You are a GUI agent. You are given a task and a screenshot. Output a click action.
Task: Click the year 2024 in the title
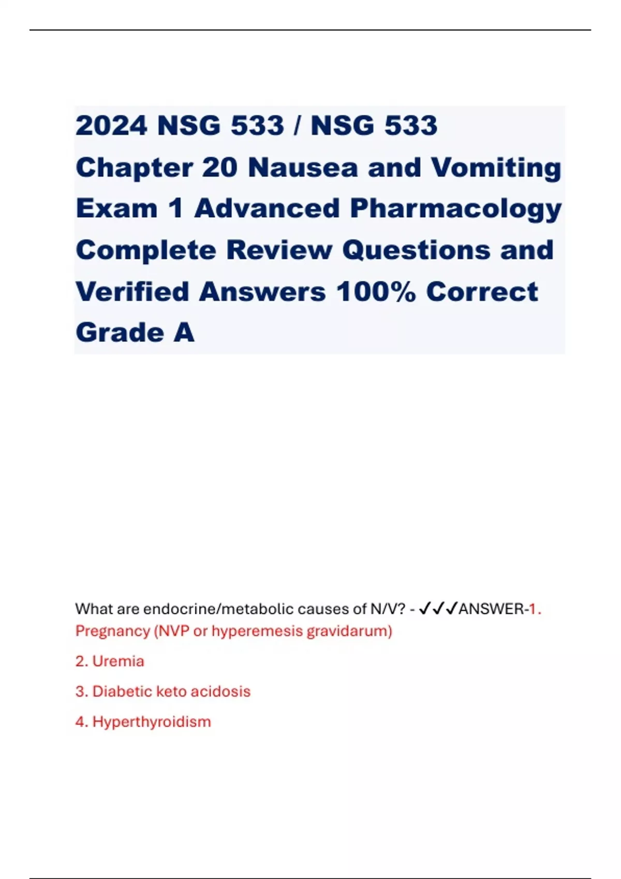(111, 126)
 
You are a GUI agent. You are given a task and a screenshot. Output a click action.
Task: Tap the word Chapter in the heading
(134, 168)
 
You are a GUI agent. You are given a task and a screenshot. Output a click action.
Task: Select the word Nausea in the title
(303, 168)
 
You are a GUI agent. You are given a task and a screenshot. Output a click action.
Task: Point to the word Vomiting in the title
(496, 168)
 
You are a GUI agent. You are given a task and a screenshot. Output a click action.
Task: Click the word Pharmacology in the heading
(456, 209)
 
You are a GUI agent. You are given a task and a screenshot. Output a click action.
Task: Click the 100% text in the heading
(376, 292)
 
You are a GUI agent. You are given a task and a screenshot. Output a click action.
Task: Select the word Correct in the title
(482, 292)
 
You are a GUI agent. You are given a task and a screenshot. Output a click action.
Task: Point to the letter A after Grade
(184, 332)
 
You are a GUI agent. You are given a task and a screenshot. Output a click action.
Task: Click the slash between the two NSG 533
(297, 126)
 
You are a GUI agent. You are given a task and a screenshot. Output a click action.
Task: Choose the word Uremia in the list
(118, 661)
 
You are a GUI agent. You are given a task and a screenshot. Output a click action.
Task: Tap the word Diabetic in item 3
(122, 692)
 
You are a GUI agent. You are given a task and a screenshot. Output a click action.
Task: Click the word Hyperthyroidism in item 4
(152, 722)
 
